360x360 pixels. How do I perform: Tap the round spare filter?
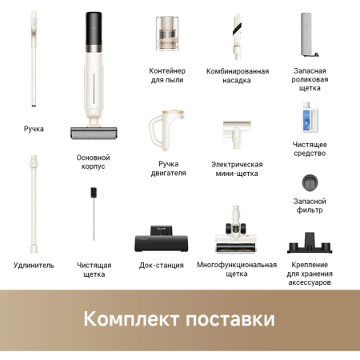pyautogui.click(x=309, y=182)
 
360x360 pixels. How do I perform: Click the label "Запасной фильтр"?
pyautogui.click(x=309, y=205)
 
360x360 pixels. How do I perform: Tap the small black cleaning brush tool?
pyautogui.click(x=94, y=212)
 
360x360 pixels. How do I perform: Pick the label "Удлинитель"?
pyautogui.click(x=34, y=265)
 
